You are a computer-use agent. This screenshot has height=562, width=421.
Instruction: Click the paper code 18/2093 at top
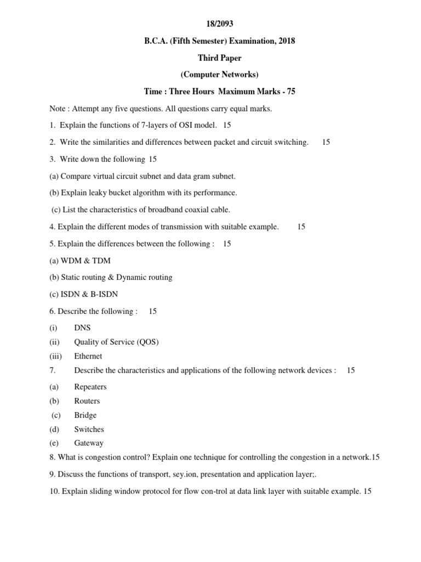point(219,25)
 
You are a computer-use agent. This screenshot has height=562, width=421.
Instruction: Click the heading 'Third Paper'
point(219,58)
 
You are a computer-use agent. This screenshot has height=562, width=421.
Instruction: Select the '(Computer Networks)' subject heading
point(219,74)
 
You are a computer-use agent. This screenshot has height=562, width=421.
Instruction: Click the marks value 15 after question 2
point(326,142)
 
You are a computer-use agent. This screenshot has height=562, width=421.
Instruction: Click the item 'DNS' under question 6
point(82,328)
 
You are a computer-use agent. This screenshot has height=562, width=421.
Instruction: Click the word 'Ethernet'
point(88,356)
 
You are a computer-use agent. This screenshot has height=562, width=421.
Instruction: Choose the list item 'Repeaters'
point(90,386)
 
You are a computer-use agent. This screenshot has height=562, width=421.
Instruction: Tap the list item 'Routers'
point(87,401)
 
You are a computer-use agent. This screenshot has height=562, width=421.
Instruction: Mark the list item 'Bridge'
point(86,415)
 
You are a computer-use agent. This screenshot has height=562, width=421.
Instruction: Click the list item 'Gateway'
point(89,443)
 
